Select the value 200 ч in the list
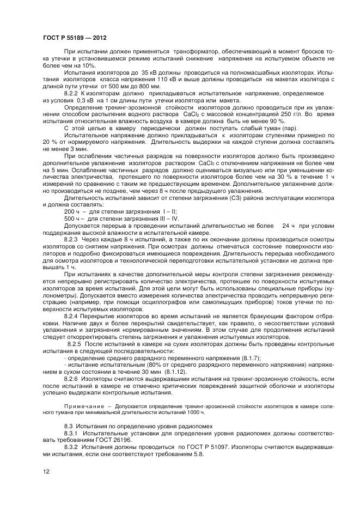click(71, 211)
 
